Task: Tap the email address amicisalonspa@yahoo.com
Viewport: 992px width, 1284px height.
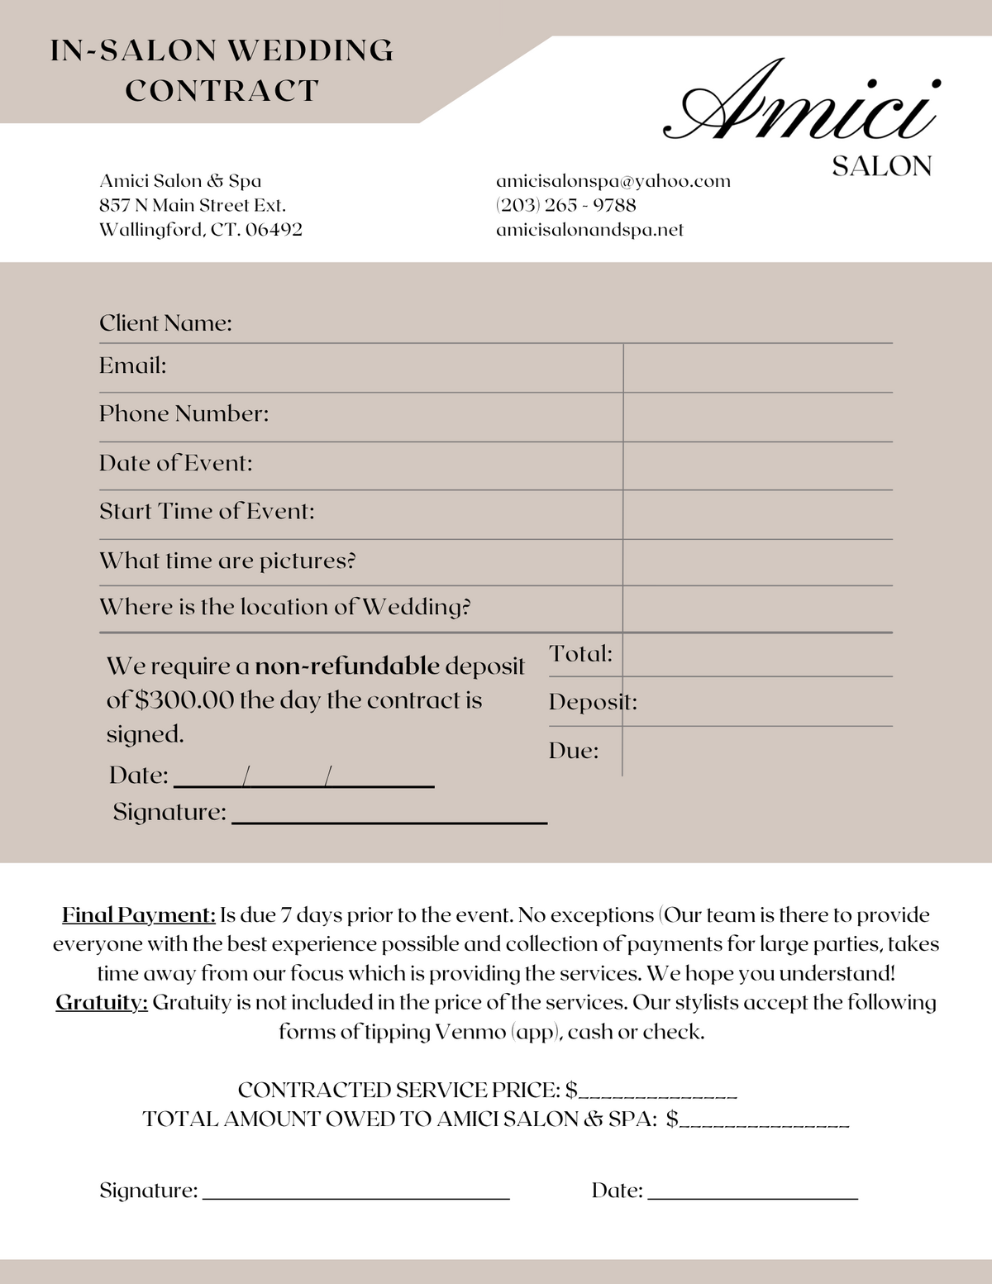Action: pyautogui.click(x=613, y=181)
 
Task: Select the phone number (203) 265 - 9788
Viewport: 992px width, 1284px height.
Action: pyautogui.click(x=565, y=205)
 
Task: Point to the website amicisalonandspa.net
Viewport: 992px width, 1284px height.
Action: pyautogui.click(x=589, y=230)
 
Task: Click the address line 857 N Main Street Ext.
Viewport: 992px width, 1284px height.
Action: pyautogui.click(x=192, y=205)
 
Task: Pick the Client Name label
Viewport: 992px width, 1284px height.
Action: pyautogui.click(x=165, y=323)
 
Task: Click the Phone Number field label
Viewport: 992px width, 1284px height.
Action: pyautogui.click(x=184, y=413)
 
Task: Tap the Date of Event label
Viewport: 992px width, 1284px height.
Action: pyautogui.click(x=175, y=463)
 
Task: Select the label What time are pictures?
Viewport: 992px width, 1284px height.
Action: pyautogui.click(x=227, y=561)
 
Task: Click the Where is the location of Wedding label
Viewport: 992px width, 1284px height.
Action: pyautogui.click(x=284, y=608)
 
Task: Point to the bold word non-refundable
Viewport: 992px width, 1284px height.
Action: pyautogui.click(x=347, y=666)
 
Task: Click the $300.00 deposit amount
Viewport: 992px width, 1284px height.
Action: pyautogui.click(x=184, y=700)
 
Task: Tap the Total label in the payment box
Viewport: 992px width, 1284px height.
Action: pyautogui.click(x=580, y=654)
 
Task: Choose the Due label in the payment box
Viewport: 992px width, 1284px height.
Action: pyautogui.click(x=573, y=751)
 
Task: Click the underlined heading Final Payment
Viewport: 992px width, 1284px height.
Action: pyautogui.click(x=139, y=915)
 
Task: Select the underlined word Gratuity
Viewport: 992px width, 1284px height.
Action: pyautogui.click(x=102, y=1003)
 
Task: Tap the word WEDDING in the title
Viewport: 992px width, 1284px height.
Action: pyautogui.click(x=310, y=51)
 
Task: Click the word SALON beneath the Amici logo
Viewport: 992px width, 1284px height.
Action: pyautogui.click(x=881, y=167)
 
